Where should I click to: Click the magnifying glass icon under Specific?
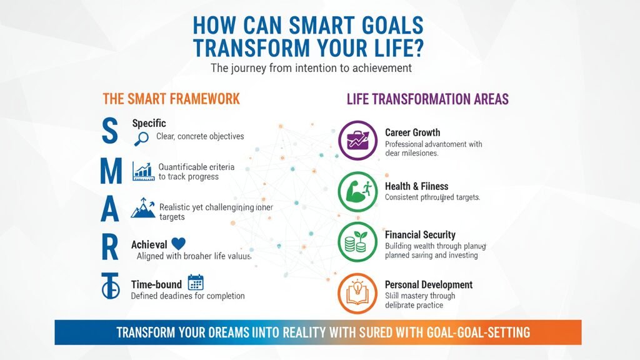point(141,139)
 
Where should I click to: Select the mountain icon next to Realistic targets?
point(142,209)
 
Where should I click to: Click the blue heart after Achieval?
point(178,244)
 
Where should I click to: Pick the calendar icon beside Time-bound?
point(196,284)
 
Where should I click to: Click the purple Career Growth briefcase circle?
point(357,141)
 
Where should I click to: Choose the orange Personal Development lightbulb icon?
point(357,292)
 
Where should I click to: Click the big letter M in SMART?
point(110,172)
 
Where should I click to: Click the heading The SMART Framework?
point(171,99)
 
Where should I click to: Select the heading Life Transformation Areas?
point(427,99)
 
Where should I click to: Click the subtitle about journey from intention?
point(311,68)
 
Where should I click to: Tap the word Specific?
point(149,123)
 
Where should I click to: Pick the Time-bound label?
point(156,284)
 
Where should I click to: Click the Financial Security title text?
point(420,234)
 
